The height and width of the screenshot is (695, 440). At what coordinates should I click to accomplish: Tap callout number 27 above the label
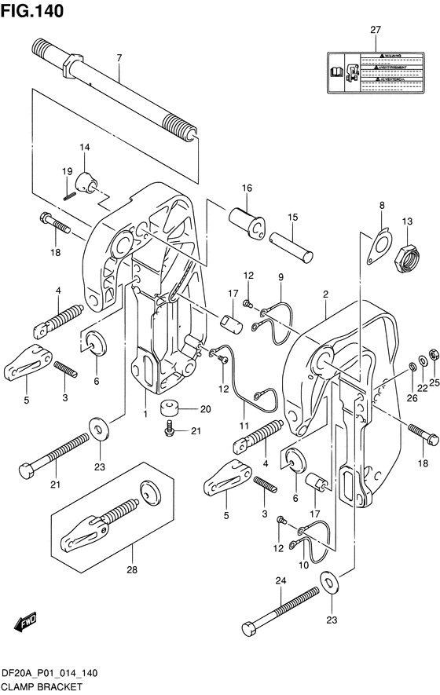pos(375,30)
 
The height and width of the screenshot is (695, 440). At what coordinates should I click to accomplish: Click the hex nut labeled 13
pos(409,254)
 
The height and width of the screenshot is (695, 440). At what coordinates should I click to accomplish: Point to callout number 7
pos(119,57)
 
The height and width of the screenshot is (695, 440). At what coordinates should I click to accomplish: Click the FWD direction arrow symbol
pos(26,623)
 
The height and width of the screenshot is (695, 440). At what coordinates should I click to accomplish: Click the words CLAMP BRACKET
pos(38,687)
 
